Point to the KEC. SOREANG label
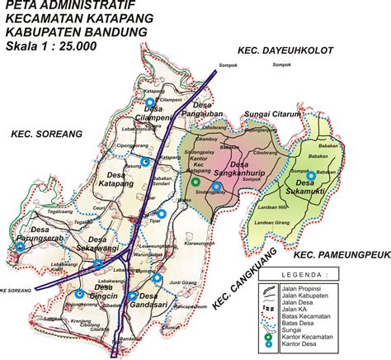click(x=45, y=133)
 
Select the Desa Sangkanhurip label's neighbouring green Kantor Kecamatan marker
click(x=195, y=182)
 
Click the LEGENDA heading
click(x=330, y=273)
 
